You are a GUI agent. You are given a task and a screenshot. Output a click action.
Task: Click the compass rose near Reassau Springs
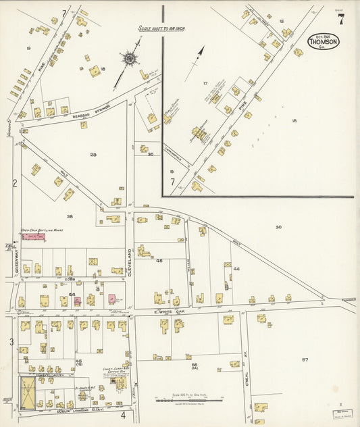[129, 58]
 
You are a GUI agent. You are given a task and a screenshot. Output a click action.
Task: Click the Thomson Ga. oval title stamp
[323, 41]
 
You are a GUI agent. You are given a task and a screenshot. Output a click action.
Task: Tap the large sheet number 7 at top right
[341, 20]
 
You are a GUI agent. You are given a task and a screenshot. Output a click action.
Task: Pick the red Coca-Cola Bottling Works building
[34, 237]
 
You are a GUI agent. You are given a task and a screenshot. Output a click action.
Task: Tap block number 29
[93, 155]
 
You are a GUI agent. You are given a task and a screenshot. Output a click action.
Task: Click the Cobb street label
[68, 278]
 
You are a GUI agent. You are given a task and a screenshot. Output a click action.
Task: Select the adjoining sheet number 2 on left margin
[14, 183]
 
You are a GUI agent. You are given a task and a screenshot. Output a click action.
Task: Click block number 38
[70, 216]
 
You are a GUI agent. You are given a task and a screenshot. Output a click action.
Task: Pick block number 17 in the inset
[205, 83]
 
